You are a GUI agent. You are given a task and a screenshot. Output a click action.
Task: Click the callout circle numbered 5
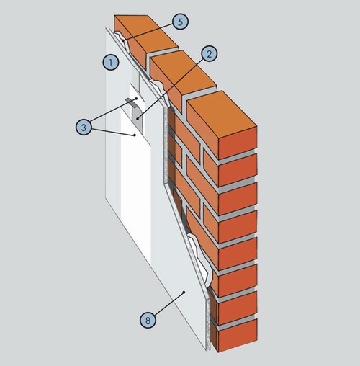tap(180, 22)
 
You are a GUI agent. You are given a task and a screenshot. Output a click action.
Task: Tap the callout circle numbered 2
tap(209, 54)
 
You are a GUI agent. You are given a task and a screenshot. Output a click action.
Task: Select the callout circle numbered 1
tap(111, 63)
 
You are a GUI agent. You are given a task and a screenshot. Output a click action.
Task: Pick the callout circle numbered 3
tap(84, 127)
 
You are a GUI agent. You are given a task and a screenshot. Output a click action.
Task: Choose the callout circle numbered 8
tap(148, 321)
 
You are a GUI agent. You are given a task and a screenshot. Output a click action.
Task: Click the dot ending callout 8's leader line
tap(184, 292)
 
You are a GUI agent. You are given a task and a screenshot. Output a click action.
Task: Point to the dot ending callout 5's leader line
tap(123, 41)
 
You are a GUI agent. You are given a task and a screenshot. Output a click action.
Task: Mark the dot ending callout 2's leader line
tap(138, 118)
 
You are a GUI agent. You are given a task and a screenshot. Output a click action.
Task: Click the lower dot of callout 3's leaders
tap(135, 135)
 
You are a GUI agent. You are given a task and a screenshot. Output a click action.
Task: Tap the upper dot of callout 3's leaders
tap(136, 99)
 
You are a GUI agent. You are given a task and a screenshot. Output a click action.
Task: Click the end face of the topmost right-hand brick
tap(238, 143)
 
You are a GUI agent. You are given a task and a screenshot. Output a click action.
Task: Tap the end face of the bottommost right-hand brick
tap(238, 336)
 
